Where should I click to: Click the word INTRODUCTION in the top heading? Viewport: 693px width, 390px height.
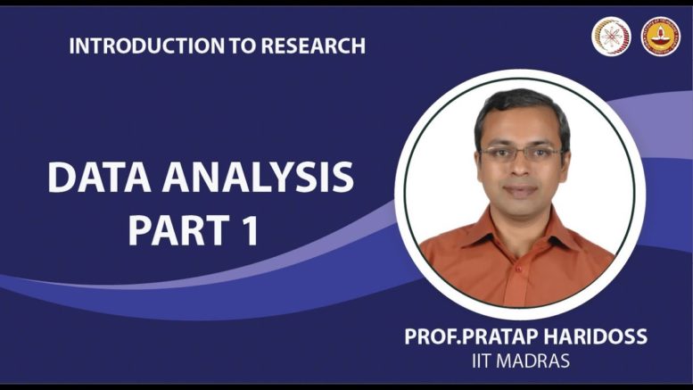(x=147, y=46)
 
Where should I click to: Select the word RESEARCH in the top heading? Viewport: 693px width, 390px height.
(x=313, y=46)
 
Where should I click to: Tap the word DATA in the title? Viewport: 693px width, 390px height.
(x=100, y=178)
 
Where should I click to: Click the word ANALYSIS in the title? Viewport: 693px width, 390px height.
(x=258, y=178)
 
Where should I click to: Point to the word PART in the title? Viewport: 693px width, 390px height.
(x=179, y=230)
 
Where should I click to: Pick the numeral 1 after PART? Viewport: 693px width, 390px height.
(x=251, y=230)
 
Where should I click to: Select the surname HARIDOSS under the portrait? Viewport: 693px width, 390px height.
(x=595, y=337)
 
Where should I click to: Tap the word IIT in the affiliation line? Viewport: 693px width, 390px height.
(x=482, y=361)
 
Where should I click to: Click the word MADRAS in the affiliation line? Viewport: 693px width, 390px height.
(x=532, y=361)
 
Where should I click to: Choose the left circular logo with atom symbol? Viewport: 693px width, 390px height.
(x=611, y=37)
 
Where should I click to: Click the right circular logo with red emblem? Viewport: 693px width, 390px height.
(x=661, y=37)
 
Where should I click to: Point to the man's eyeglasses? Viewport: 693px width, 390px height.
(x=522, y=154)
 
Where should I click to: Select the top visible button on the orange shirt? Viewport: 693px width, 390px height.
(x=518, y=269)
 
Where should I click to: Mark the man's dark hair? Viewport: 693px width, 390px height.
(x=522, y=111)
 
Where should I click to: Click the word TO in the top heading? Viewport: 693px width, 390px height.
(x=243, y=46)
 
